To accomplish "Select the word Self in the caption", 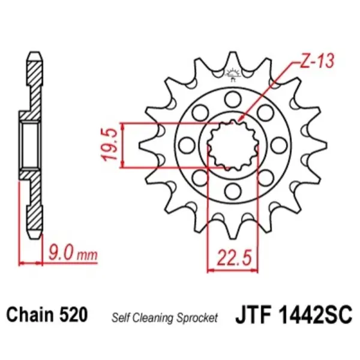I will (x=119, y=317).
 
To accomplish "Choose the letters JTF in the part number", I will (x=254, y=314).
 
